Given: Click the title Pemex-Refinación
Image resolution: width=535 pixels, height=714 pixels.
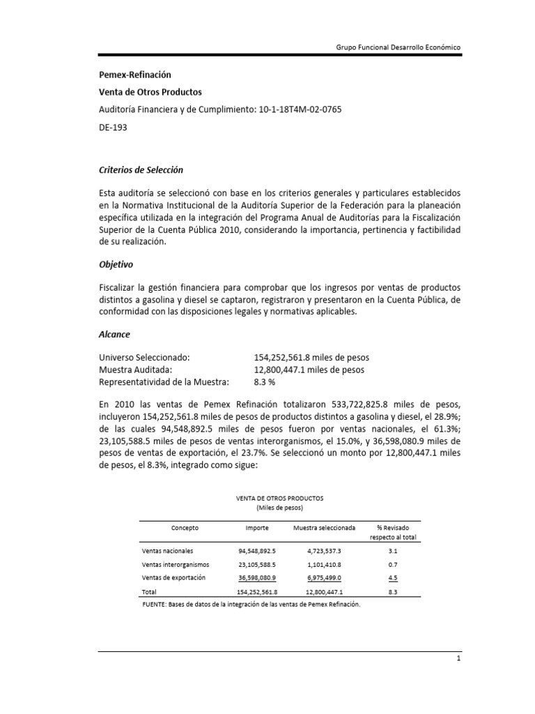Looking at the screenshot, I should [x=134, y=75].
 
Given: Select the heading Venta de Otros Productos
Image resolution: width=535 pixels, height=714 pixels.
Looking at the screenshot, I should [x=150, y=92].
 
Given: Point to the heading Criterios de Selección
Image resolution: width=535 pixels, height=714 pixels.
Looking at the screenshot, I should [x=141, y=170].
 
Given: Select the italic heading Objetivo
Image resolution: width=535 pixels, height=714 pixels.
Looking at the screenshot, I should [x=116, y=266].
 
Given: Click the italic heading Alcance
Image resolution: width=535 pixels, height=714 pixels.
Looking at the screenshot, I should [x=114, y=335].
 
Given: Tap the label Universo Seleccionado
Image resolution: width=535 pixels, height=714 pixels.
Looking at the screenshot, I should [x=145, y=357].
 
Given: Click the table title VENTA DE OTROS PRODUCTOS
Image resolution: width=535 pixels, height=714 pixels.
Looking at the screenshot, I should [x=280, y=499].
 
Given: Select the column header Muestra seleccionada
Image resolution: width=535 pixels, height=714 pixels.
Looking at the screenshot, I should [x=324, y=529].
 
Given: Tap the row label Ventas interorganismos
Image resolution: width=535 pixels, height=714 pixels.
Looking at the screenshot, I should [x=176, y=564].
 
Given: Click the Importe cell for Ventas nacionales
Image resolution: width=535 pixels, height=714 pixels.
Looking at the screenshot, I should [x=257, y=551].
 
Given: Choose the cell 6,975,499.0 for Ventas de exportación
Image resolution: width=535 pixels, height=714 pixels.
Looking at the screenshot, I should [x=324, y=577].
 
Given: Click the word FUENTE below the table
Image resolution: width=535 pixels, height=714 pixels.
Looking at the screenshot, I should [x=155, y=605].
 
